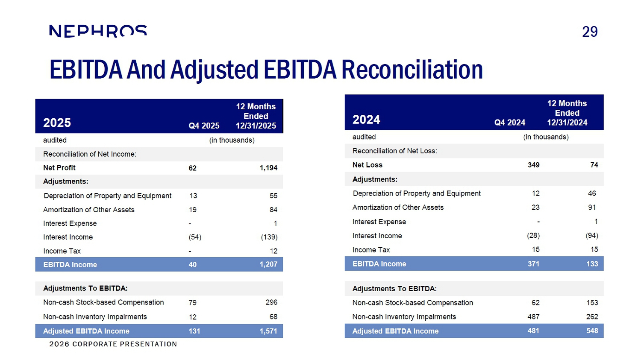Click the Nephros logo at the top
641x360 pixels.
[x=98, y=31]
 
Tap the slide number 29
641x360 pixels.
[x=590, y=32]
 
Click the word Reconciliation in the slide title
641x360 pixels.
[x=412, y=70]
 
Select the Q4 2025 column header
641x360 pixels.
[x=204, y=126]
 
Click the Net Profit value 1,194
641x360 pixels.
[x=268, y=168]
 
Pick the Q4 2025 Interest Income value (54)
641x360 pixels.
[x=195, y=237]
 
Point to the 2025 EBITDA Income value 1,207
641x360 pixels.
[x=268, y=264]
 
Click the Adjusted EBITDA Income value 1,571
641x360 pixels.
[x=268, y=331]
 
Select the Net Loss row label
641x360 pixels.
[x=368, y=165]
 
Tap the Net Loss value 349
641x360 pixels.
[x=533, y=165]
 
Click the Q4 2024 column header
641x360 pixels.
[x=510, y=123]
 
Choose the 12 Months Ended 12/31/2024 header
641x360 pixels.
[x=567, y=113]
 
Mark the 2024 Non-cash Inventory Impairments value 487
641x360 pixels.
[x=533, y=316]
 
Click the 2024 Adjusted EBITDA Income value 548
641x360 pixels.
[x=592, y=331]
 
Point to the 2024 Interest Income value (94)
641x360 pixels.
[x=592, y=235]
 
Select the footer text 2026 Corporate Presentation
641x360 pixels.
[x=113, y=344]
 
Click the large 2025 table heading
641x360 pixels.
[x=57, y=123]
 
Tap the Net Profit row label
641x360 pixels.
[x=59, y=168]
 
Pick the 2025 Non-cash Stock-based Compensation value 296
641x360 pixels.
[x=271, y=302]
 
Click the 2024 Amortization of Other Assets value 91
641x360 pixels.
[x=592, y=207]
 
